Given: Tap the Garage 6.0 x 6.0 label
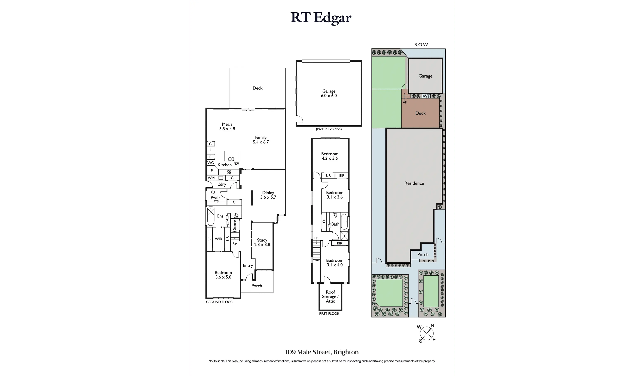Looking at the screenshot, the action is click(329, 93).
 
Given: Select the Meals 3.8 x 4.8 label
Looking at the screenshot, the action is click(227, 127).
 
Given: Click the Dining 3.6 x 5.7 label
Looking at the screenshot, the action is click(268, 195).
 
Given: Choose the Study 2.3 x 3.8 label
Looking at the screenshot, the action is click(262, 242).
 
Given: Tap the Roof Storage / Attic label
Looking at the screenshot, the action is click(330, 297).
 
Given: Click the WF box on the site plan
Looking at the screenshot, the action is click(426, 96).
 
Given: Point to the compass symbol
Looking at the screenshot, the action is click(427, 333).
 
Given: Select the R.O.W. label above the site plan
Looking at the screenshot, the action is click(421, 45).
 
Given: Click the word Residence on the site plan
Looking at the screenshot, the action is click(414, 183).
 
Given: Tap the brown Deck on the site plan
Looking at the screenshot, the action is click(420, 113).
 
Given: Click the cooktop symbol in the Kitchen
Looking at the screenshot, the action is click(229, 172).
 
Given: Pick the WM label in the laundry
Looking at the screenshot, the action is click(211, 178).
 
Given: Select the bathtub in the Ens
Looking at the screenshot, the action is click(211, 216).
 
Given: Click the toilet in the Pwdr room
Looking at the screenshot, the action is click(213, 192).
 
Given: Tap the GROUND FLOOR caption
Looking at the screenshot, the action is click(219, 302).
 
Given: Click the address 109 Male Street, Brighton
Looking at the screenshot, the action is click(322, 352).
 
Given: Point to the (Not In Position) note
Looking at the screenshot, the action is click(329, 129).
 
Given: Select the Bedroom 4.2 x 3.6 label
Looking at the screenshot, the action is click(330, 156).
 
